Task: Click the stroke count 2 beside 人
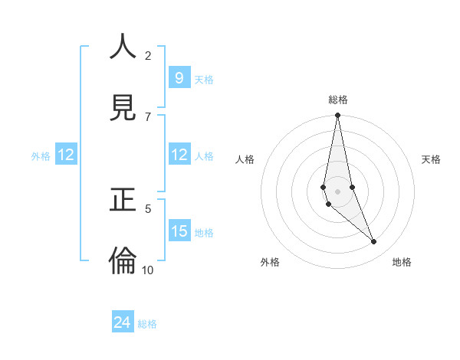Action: click(x=148, y=55)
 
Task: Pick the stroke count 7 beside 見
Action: click(x=148, y=116)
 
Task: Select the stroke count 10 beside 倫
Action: click(x=148, y=270)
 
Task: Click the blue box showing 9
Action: click(x=179, y=77)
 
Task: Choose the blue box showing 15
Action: click(x=179, y=231)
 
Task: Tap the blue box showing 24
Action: click(x=123, y=322)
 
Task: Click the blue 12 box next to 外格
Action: click(x=66, y=155)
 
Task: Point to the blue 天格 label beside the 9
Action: click(x=204, y=80)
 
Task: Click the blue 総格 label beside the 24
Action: click(x=147, y=324)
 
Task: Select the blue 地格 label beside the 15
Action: click(x=204, y=233)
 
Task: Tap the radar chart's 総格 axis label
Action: click(x=337, y=100)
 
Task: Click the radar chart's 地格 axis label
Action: click(x=402, y=262)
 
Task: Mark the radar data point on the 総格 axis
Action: click(x=337, y=116)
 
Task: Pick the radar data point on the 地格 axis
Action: click(x=374, y=242)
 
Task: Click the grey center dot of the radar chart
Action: click(x=337, y=191)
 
